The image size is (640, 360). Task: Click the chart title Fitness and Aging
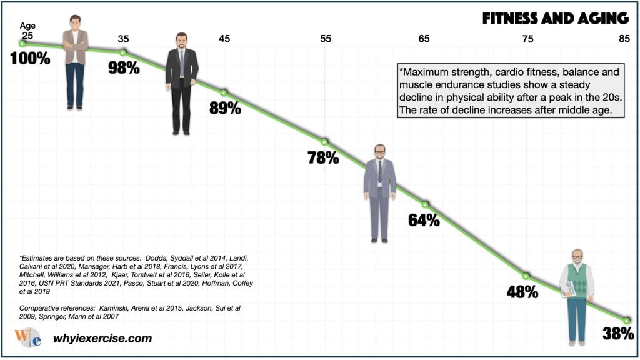point(554,17)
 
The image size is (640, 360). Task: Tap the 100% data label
point(30,59)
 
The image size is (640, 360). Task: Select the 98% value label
point(124,67)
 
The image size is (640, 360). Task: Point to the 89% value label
point(225,107)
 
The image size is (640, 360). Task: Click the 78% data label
point(323,157)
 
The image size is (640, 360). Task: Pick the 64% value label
point(424,220)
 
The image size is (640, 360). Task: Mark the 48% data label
point(522,291)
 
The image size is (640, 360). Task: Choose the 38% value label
point(619,334)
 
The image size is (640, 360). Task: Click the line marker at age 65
point(425,204)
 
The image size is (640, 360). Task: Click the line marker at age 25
point(22,43)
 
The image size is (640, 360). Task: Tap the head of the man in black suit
point(181,41)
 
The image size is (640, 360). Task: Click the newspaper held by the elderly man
point(571,288)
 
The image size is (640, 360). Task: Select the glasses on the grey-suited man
point(380,151)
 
